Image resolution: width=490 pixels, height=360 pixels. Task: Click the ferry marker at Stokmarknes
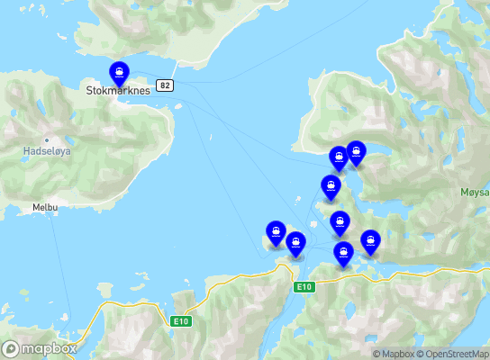pos(118,73)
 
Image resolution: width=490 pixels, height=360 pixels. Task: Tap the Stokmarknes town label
pos(117,91)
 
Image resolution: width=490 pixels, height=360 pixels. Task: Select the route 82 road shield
pos(164,85)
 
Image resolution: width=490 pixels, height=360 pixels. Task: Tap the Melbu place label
pos(45,207)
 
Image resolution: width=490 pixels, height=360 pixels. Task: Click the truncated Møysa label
pos(474,192)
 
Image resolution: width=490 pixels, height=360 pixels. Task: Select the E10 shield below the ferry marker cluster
pos(304,287)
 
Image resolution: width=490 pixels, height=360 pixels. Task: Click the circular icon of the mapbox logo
pos(12,348)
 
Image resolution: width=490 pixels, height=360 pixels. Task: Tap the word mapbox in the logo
pos(49,348)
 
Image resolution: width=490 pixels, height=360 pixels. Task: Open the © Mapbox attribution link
pos(394,354)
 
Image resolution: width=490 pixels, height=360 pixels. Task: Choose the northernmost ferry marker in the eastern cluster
pos(356,152)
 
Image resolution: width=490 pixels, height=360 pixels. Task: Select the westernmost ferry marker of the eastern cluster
pos(276,231)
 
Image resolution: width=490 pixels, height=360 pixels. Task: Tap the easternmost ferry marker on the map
pos(370,241)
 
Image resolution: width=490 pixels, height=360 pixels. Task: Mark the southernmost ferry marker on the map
pos(343,253)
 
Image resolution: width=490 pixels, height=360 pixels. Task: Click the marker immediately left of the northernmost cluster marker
pos(339,157)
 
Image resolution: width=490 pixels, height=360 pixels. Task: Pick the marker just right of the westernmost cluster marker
pos(295,242)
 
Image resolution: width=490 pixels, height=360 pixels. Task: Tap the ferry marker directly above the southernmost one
pos(340,221)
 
